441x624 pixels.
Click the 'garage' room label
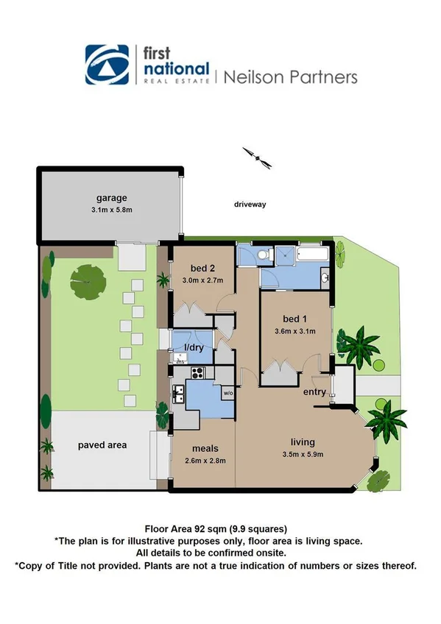tap(111, 198)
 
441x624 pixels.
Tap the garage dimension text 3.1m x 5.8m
tap(111, 210)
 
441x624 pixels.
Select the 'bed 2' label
tap(202, 268)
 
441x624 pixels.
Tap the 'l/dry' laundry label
tap(194, 347)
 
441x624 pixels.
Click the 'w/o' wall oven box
tap(228, 392)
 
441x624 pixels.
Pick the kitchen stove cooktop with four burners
tap(196, 372)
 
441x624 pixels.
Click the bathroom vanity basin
tap(325, 277)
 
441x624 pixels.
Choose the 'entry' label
tap(314, 392)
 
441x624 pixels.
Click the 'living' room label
tap(303, 442)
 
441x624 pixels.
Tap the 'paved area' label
tap(102, 445)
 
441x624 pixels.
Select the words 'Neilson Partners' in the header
tap(289, 77)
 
